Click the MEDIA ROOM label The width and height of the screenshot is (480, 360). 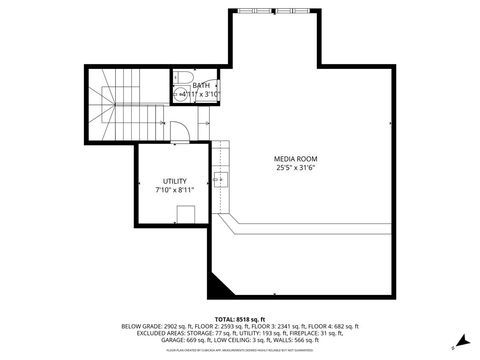pyautogui.click(x=295, y=159)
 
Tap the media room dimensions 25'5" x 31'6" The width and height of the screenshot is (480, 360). pyautogui.click(x=295, y=168)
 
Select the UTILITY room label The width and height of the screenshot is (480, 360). pyautogui.click(x=174, y=181)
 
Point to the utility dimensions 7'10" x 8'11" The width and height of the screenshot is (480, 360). pyautogui.click(x=174, y=190)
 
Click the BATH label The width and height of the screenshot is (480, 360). pyautogui.click(x=200, y=86)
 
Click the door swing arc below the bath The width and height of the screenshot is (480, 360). pyautogui.click(x=178, y=129)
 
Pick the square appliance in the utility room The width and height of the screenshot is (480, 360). pyautogui.click(x=184, y=214)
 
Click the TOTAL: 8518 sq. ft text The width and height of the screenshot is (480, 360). pyautogui.click(x=239, y=318)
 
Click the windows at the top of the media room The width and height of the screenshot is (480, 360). pyautogui.click(x=275, y=11)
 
